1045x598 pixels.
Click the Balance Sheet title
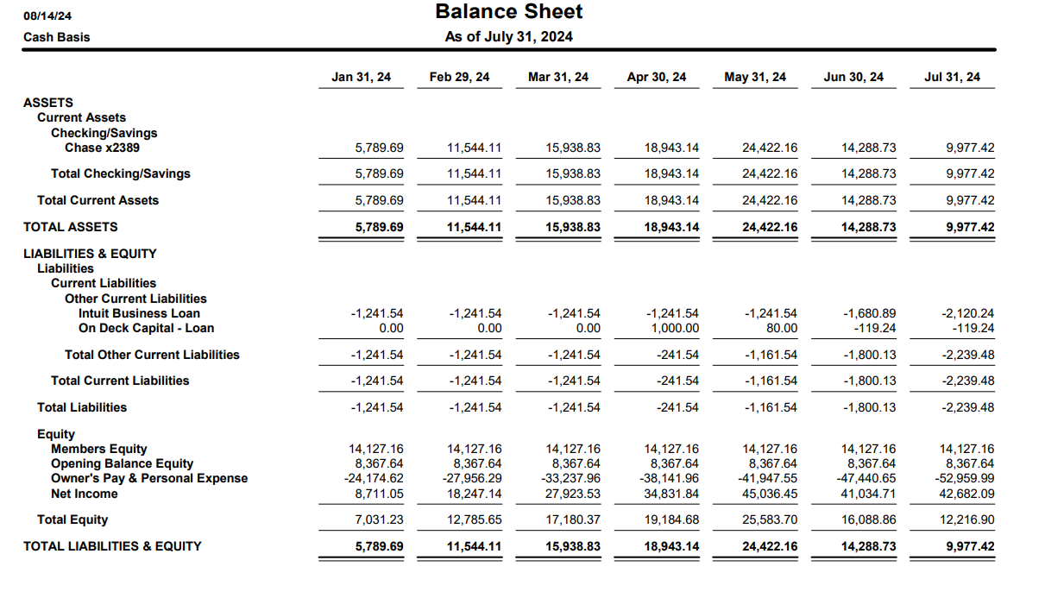pos(509,12)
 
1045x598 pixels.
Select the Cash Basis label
pos(57,37)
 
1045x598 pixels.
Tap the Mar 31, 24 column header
pos(557,78)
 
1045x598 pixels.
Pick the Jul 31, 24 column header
pos(952,78)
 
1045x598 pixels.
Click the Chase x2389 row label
pos(102,148)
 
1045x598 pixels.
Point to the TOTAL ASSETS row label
pos(71,227)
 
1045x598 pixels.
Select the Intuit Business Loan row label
pos(139,313)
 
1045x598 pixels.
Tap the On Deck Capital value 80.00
pos(781,328)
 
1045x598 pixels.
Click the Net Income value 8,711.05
pos(378,494)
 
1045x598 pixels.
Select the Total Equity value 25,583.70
pos(770,520)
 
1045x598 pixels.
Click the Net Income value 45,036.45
pos(770,494)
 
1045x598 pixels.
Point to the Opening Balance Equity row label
pos(122,463)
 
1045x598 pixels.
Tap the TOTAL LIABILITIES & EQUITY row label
pos(112,546)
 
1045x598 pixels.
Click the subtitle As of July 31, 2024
pos(508,36)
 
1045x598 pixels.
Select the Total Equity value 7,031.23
pos(378,520)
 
